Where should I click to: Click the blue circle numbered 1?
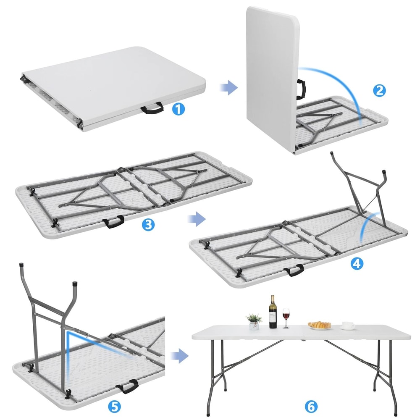coord(178,110)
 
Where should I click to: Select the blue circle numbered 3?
coord(147,224)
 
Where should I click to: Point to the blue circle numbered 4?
coord(357,263)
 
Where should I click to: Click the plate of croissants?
coord(319,325)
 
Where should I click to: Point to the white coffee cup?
coord(347,325)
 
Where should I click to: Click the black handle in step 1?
coord(152,110)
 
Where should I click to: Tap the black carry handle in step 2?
coord(301,89)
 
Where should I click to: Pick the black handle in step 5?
coord(128,386)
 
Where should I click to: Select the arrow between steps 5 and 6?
coord(179,355)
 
